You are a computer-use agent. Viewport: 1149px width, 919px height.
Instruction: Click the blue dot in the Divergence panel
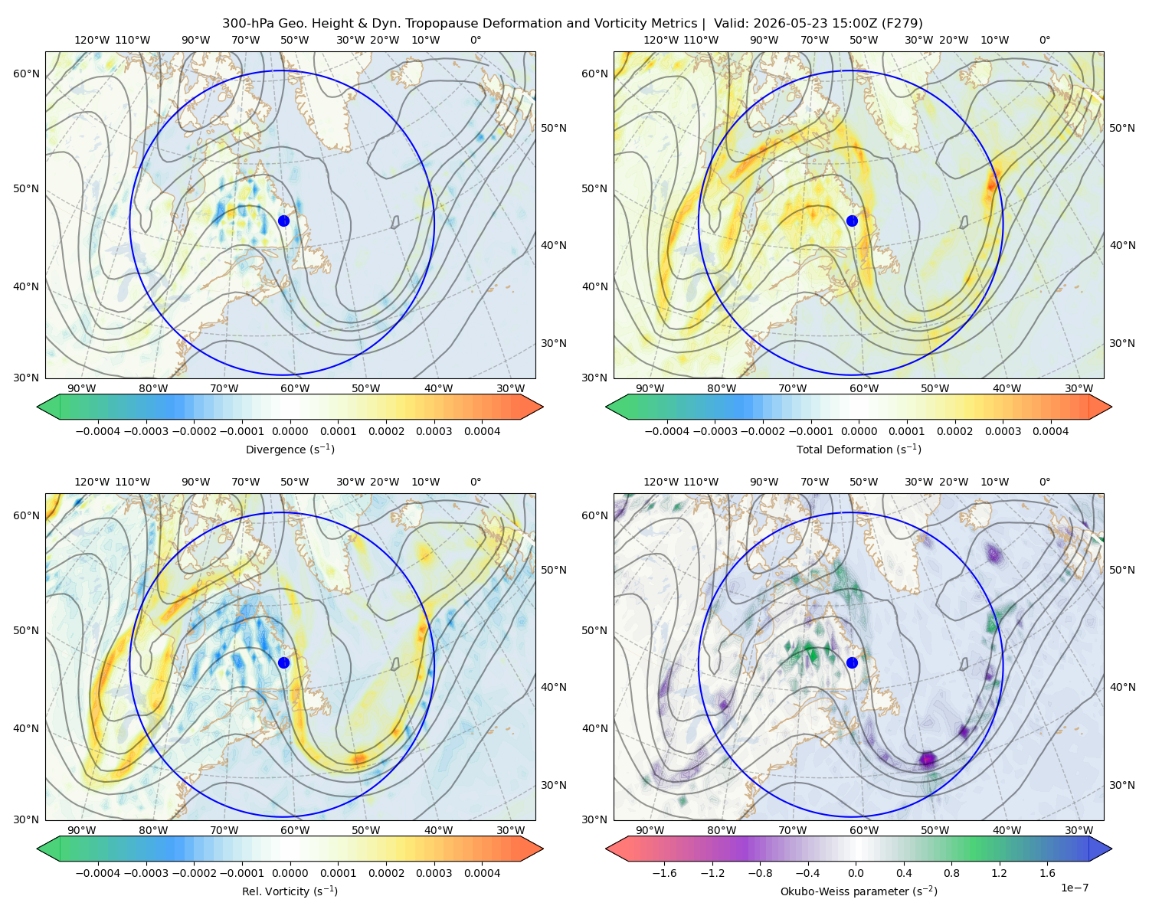pos(283,221)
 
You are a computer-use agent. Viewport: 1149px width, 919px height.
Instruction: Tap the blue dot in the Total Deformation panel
pos(852,221)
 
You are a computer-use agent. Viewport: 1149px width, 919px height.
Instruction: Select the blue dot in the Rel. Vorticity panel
pos(283,662)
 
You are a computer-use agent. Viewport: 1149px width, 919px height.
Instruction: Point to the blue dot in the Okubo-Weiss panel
pos(852,662)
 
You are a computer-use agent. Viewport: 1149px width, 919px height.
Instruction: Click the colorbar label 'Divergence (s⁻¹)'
pos(290,449)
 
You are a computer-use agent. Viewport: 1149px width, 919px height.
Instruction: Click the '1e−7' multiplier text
pos(1074,888)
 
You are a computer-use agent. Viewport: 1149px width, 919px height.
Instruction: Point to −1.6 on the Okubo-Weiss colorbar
pos(664,872)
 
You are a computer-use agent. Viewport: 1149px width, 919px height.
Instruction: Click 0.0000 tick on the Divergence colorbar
pos(290,431)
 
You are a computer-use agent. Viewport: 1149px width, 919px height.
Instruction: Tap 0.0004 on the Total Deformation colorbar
pos(1050,431)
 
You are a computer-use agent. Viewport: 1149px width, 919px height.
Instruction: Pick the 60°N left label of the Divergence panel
pos(26,74)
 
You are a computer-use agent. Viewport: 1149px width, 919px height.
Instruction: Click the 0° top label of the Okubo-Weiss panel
pos(1044,482)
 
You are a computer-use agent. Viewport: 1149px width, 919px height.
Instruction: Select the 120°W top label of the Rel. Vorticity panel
pos(92,482)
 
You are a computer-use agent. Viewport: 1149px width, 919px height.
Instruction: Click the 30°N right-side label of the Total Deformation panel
pos(1122,343)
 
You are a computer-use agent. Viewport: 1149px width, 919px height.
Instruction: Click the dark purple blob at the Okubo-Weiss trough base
pos(928,758)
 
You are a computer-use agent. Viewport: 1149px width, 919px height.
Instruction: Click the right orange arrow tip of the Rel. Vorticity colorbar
pos(543,849)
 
